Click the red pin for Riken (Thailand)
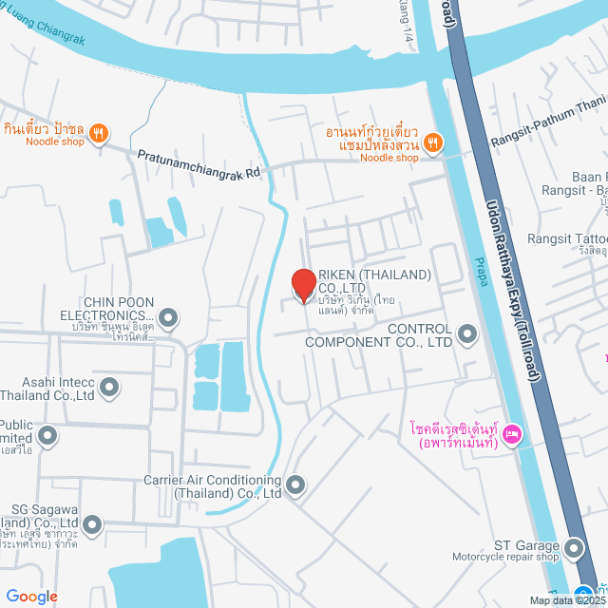303,285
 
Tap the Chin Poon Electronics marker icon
168,316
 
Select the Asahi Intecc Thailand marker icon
109,387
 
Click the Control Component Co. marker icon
466,333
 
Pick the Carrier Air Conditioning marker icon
295,485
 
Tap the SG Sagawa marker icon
92,523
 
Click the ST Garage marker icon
573,548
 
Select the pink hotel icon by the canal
511,434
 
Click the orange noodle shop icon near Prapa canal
432,142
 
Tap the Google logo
31,596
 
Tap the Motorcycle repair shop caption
505,557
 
